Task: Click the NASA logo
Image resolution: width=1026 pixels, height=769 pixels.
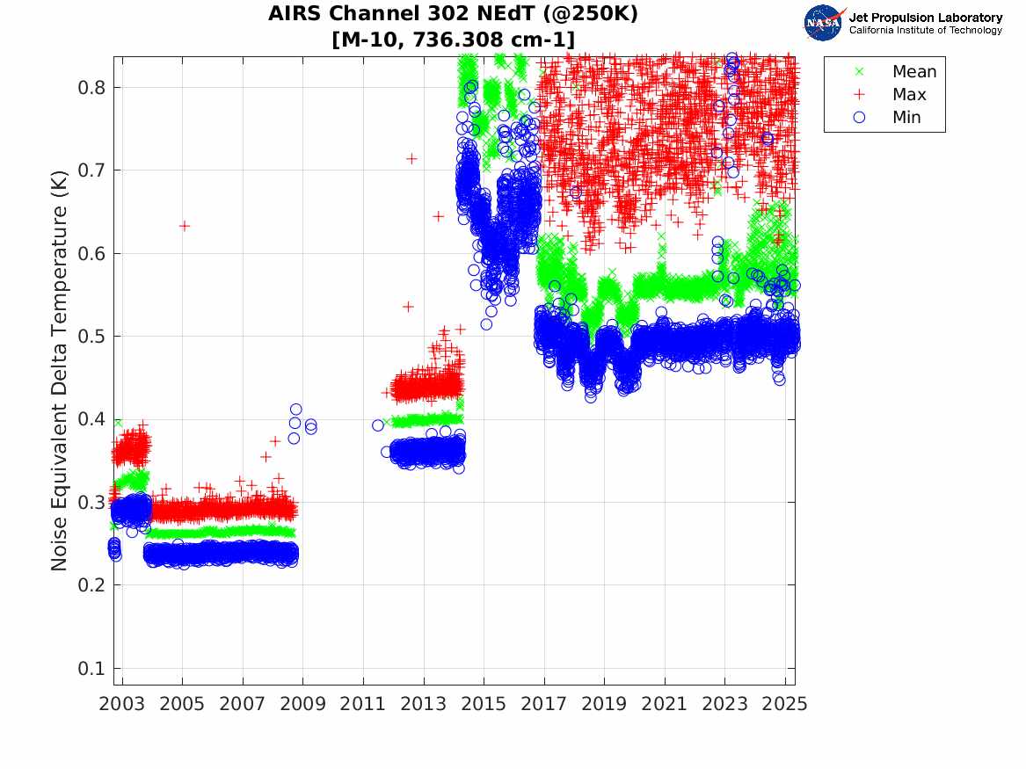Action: (825, 23)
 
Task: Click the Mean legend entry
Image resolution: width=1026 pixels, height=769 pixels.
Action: (913, 72)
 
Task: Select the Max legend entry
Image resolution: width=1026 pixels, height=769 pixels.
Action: (908, 95)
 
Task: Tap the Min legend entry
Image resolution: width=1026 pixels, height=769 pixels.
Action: (907, 118)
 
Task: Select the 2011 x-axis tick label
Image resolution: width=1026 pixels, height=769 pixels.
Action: (363, 704)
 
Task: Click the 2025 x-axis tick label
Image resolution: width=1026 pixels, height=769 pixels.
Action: (785, 704)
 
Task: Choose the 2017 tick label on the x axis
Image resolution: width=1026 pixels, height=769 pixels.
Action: (544, 704)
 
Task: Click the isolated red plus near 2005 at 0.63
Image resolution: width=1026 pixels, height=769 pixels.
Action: (184, 226)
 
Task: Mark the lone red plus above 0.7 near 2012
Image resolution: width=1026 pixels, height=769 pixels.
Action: (411, 158)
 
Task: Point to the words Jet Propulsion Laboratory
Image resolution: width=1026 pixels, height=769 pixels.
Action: (925, 18)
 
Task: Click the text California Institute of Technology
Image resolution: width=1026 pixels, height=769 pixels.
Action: (925, 31)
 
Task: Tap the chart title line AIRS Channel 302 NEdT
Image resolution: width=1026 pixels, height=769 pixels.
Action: (453, 14)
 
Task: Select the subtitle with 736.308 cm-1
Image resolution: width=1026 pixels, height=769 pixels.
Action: (453, 40)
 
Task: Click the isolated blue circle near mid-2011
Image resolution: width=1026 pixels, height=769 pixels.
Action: (378, 425)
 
